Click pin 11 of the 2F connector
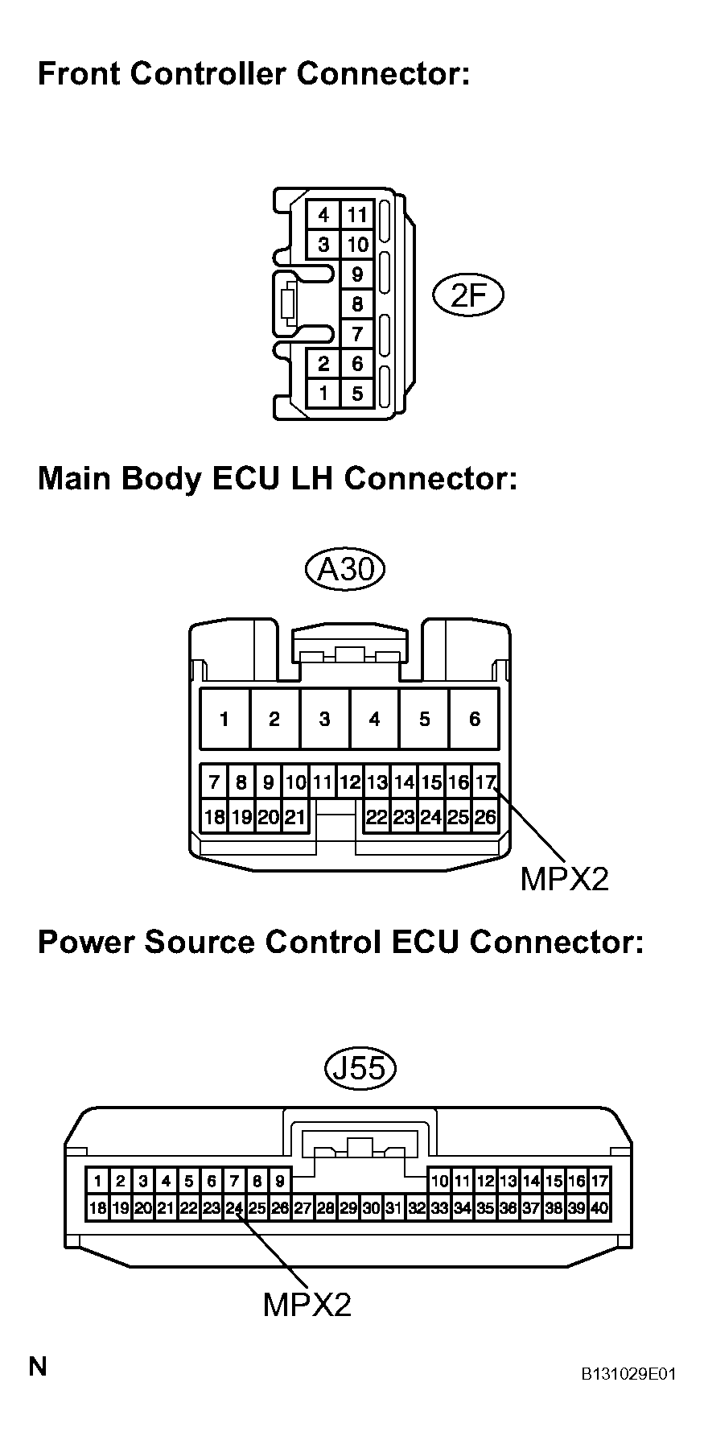click(357, 215)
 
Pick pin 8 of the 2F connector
click(357, 304)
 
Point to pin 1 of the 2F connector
click(323, 394)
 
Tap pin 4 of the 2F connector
click(323, 215)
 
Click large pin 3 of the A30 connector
click(324, 719)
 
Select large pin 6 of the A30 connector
click(475, 719)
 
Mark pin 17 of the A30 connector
click(485, 781)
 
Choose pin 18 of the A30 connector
click(214, 817)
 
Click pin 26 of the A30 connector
click(485, 817)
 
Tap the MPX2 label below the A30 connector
click(564, 879)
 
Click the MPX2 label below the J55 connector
click(307, 1304)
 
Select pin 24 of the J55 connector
click(234, 1208)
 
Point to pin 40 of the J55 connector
click(599, 1208)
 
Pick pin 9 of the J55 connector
click(279, 1182)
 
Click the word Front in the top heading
click(78, 74)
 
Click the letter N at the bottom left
click(38, 1366)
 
